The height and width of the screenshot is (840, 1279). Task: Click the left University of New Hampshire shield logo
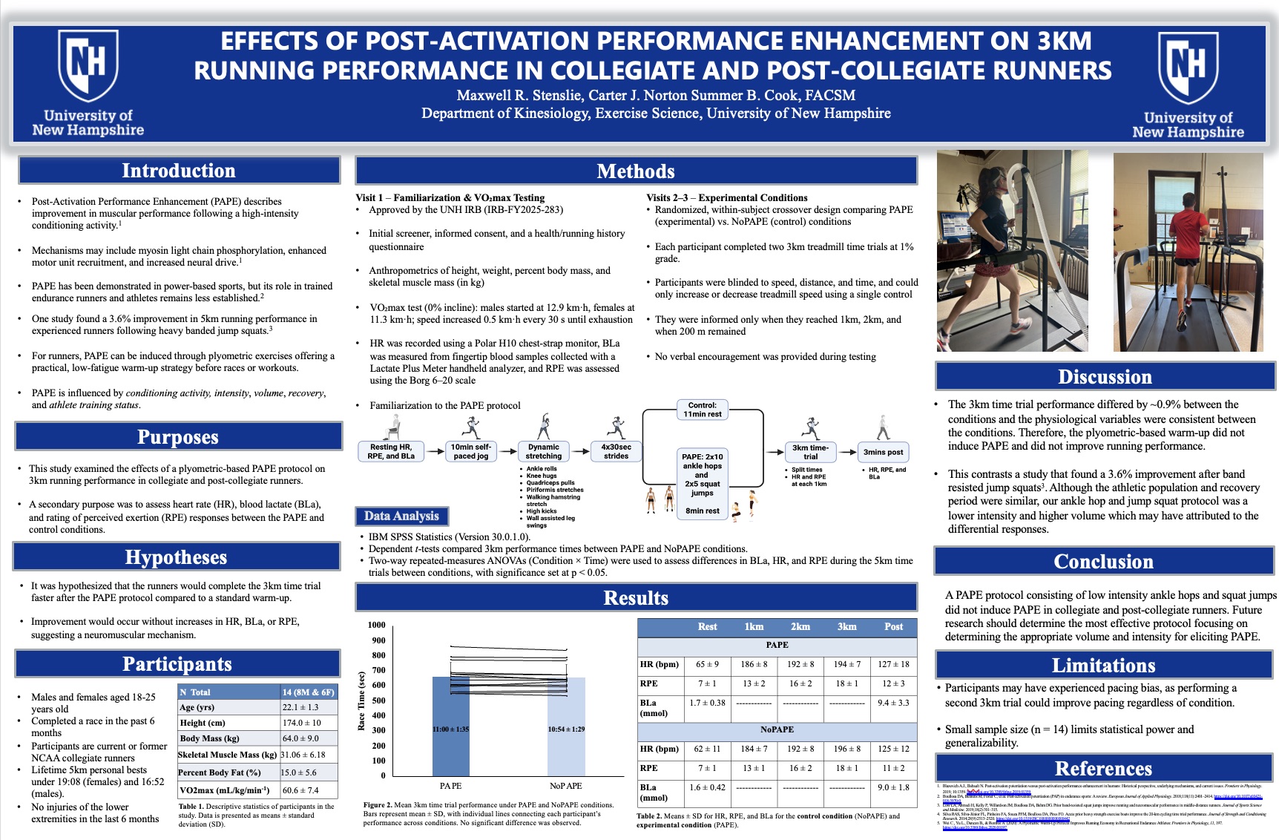(88, 67)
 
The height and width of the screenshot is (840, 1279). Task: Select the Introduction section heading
(179, 171)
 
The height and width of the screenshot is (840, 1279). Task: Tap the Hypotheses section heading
(177, 557)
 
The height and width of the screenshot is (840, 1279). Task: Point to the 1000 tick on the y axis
(377, 625)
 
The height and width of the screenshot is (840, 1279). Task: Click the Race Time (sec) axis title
(361, 701)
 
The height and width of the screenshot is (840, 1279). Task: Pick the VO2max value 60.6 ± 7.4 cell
(300, 790)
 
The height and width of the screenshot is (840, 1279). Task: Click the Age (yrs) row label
(197, 707)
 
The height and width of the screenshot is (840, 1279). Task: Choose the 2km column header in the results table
(800, 627)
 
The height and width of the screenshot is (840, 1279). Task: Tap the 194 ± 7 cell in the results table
(846, 664)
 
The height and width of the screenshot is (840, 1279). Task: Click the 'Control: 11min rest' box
(703, 410)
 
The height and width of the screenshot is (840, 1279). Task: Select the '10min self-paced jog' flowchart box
(471, 451)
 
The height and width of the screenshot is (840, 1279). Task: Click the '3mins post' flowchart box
(883, 452)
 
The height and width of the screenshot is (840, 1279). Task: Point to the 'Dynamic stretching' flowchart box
(544, 451)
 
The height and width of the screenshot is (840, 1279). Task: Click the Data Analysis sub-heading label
(401, 516)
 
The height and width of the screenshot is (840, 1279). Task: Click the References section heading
(1103, 769)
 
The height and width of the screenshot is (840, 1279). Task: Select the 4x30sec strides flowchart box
(616, 451)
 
